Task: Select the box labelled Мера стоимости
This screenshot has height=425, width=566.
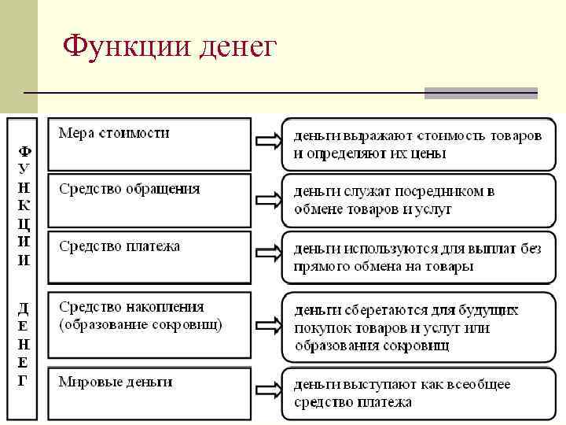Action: pos(149,143)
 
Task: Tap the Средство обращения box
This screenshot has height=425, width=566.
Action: pos(149,199)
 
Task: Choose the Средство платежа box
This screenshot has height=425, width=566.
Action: pos(149,256)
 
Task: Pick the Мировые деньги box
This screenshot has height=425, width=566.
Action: pos(149,392)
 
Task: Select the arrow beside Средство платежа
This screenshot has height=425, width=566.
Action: pos(266,253)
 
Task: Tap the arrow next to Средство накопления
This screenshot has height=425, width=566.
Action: pos(266,325)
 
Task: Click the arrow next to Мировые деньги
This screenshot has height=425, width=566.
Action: pos(266,390)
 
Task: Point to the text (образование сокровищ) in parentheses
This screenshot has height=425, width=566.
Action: pos(141,323)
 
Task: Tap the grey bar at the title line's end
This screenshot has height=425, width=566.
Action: pos(480,93)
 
